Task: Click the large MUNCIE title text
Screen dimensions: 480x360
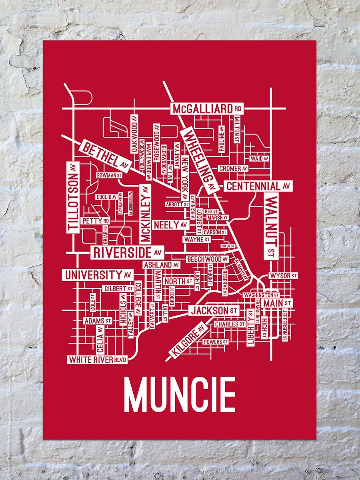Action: click(x=180, y=395)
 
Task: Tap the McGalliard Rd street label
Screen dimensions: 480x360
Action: click(x=207, y=109)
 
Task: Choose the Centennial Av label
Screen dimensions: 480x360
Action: click(x=258, y=186)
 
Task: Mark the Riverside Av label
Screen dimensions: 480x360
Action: click(x=127, y=253)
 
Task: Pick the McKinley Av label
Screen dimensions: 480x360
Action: click(x=146, y=214)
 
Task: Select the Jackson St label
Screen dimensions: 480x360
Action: click(x=214, y=311)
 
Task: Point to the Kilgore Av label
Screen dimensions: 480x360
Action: click(x=188, y=340)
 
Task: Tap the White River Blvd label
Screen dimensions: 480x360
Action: click(x=98, y=360)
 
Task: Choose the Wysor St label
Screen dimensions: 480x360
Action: click(x=283, y=276)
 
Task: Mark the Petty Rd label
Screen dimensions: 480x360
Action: click(x=95, y=221)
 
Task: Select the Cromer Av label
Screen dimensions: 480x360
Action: click(x=233, y=169)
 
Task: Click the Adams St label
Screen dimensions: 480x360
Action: click(x=97, y=321)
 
